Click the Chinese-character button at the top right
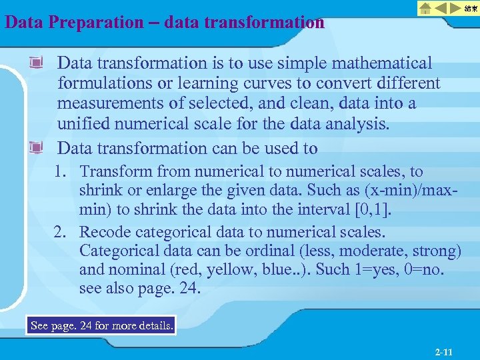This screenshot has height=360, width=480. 470,9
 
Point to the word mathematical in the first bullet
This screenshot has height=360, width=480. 380,63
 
